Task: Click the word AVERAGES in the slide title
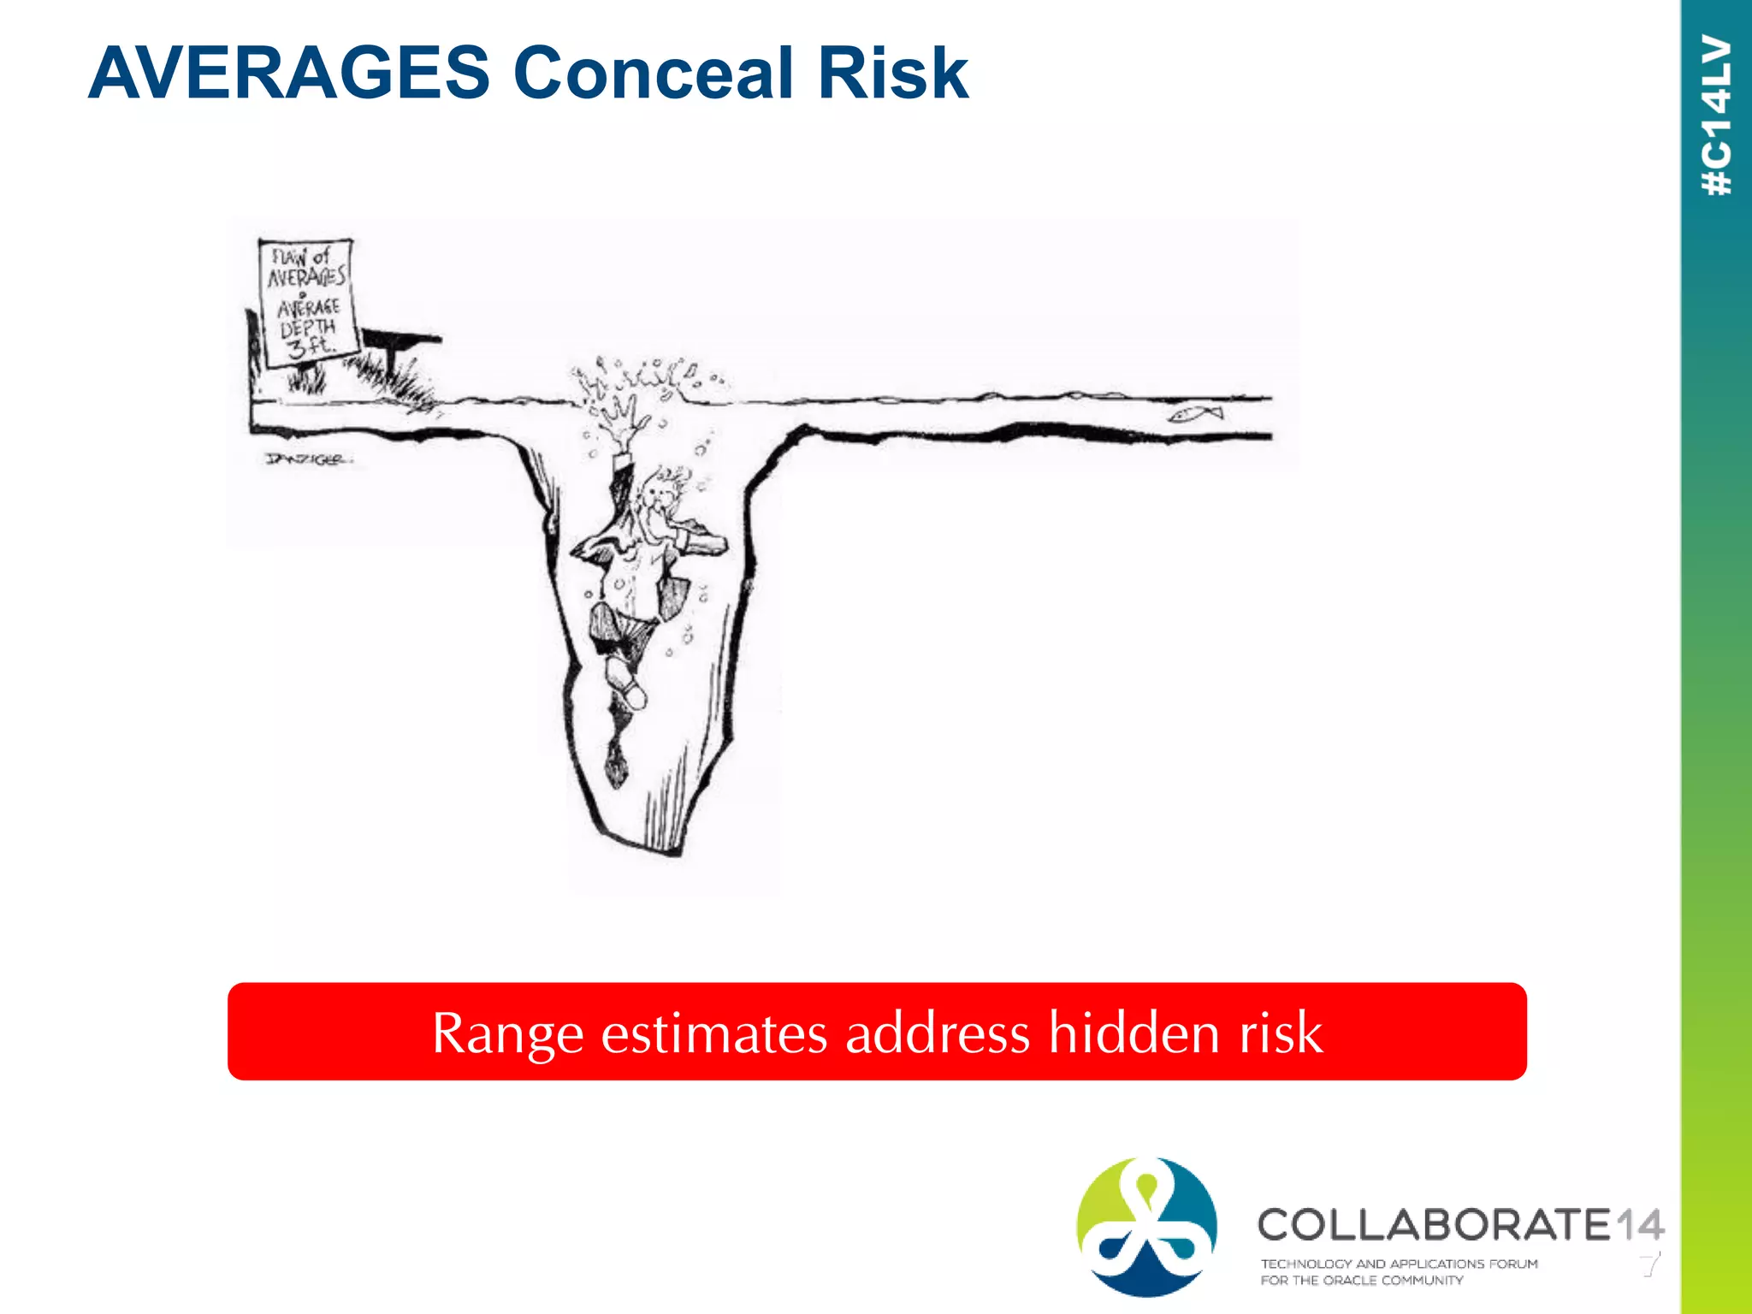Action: point(288,74)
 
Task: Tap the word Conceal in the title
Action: point(654,74)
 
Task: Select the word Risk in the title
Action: point(892,74)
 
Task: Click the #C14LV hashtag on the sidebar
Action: point(1717,115)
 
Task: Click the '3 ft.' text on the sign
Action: point(310,346)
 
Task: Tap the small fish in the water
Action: point(1196,414)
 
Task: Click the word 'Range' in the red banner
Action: point(507,1033)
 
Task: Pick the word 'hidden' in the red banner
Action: point(1133,1033)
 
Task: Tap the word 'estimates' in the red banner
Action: point(713,1033)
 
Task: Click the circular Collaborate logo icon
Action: point(1146,1226)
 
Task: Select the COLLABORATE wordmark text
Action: point(1434,1225)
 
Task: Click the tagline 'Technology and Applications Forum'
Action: point(1399,1264)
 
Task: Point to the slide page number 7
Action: point(1650,1264)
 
